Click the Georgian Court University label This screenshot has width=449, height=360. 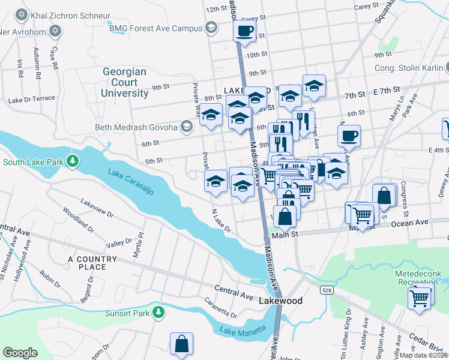(x=124, y=82)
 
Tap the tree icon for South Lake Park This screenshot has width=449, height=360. (x=73, y=161)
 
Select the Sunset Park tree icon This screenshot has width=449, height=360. (x=158, y=312)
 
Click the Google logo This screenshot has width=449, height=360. (x=20, y=353)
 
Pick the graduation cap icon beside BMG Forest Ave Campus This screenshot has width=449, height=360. (x=211, y=28)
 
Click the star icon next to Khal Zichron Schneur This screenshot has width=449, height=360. (x=22, y=14)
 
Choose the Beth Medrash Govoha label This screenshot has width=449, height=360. (x=136, y=127)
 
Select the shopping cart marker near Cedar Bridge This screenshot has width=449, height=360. (x=420, y=297)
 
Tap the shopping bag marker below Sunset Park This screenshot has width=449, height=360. (x=181, y=344)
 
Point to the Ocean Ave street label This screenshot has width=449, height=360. (x=411, y=223)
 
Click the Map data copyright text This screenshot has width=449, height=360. (x=423, y=355)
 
